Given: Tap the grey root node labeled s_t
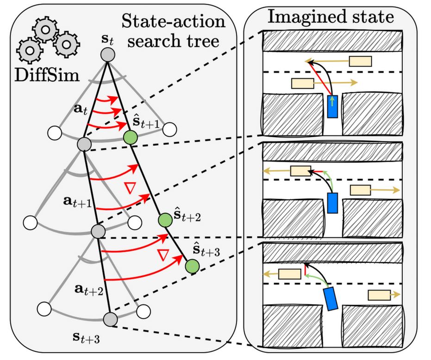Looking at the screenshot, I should [107, 55].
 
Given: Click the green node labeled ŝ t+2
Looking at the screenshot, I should [164, 219].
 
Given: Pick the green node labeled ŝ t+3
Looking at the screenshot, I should [192, 266].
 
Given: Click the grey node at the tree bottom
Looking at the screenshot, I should [110, 319].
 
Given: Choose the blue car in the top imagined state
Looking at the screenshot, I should [332, 106].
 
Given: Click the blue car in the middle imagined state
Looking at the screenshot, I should [332, 203].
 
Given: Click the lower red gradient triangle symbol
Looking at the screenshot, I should [162, 254].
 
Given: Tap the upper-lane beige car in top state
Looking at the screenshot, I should [360, 61].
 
